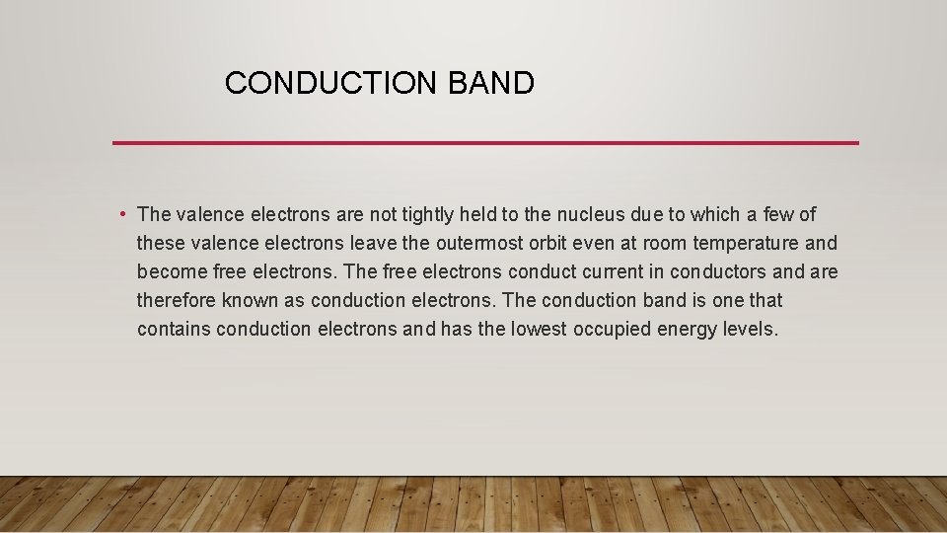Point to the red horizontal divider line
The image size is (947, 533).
point(485,143)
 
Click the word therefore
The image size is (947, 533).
point(175,300)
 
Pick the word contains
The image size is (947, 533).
point(174,329)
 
